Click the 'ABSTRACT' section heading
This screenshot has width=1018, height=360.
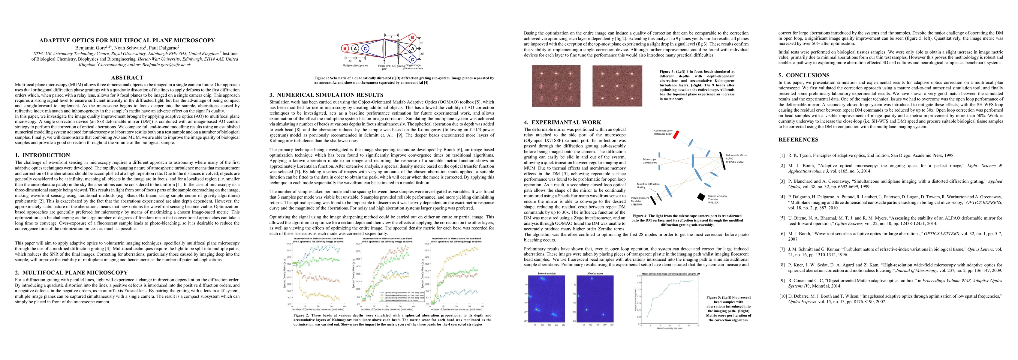coord(127,78)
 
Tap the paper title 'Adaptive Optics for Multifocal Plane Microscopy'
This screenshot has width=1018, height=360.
coord(127,40)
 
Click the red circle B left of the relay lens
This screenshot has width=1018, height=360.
coord(345,49)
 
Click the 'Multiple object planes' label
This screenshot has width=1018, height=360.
coord(355,66)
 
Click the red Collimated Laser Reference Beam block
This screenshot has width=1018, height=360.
coord(676,135)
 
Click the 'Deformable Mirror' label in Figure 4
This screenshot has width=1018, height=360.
coord(736,155)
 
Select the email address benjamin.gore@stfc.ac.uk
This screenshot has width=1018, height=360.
coord(167,64)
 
